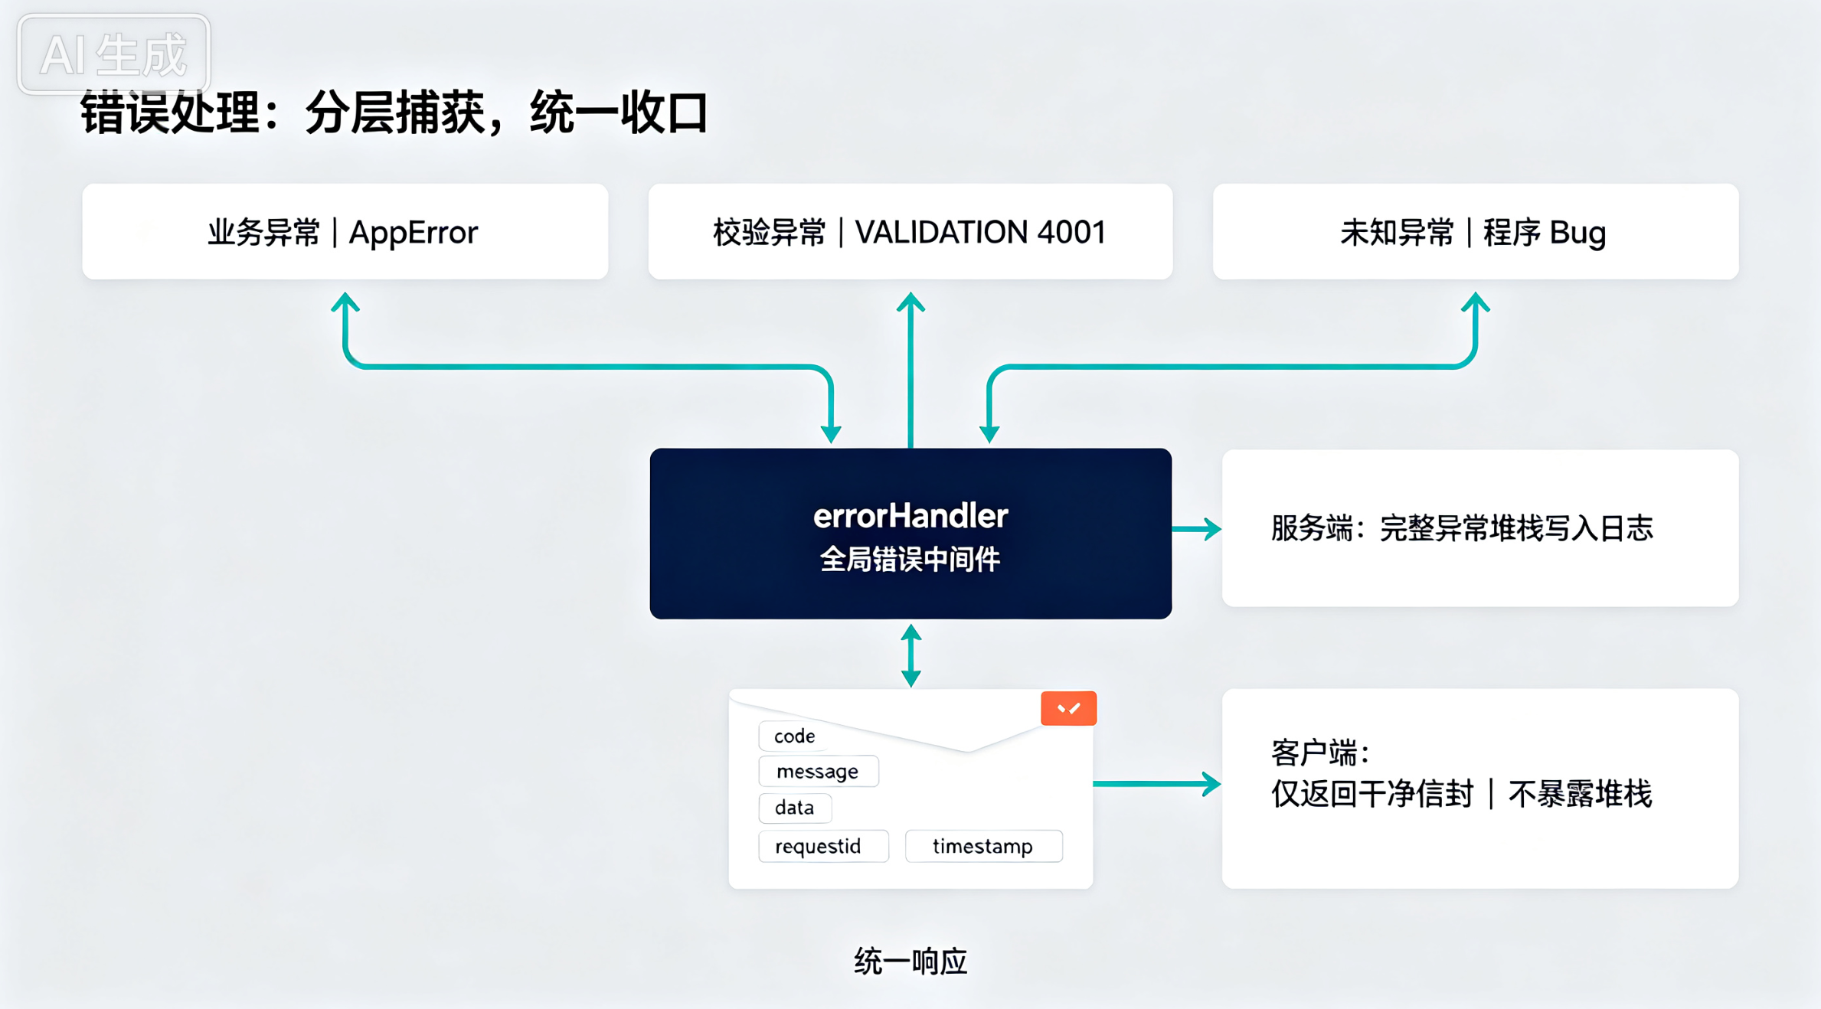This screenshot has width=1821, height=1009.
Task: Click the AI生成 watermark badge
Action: pos(114,54)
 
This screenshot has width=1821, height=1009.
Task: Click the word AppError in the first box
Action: pos(414,233)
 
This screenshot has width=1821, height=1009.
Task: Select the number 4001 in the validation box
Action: pos(1071,232)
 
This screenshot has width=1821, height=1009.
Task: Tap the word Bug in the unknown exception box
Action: pos(1577,233)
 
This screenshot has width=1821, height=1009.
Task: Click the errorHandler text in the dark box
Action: pos(910,516)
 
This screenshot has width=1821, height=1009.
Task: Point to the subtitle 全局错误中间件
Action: pos(910,560)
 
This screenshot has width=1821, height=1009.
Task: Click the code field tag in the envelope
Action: pos(794,736)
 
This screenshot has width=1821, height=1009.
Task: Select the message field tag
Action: pos(818,771)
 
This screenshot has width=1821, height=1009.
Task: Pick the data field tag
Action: pos(794,808)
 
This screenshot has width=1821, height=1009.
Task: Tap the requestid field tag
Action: pos(823,846)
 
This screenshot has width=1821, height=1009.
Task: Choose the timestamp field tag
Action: pos(983,846)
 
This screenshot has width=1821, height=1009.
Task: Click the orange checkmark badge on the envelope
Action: pos(1068,708)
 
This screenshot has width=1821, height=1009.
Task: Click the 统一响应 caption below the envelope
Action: pos(910,962)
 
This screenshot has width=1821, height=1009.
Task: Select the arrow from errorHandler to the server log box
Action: pos(1196,529)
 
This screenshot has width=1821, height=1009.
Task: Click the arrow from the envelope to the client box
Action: pos(1157,784)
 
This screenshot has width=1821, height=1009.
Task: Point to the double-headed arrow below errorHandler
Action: pos(910,655)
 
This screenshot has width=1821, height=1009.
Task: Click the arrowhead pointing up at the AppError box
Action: pos(345,302)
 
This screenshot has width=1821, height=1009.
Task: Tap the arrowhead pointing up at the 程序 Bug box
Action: pos(1475,302)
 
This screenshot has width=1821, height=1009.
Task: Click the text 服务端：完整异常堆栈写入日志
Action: pos(1462,528)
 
